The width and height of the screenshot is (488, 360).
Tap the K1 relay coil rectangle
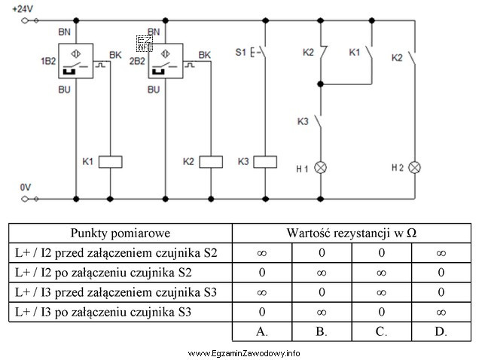tap(111, 160)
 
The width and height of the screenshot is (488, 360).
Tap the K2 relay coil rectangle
tap(212, 160)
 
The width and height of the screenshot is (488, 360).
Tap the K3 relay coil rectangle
tap(265, 160)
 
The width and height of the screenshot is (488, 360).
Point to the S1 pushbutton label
tap(241, 53)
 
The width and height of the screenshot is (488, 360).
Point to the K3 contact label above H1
tap(303, 121)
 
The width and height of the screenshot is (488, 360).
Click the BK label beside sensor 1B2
tap(115, 55)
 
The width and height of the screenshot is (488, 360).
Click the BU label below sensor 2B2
tap(154, 90)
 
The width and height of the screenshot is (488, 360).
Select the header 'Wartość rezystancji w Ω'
tap(351, 232)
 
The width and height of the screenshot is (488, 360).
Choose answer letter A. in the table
tap(261, 330)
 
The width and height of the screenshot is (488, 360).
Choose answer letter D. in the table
tap(441, 330)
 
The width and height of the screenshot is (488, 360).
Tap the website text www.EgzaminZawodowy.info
tap(244, 352)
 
